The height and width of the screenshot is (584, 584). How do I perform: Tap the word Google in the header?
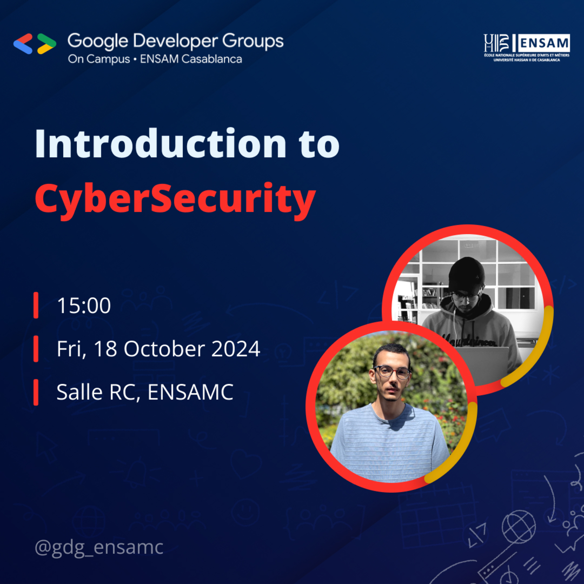pos(98,41)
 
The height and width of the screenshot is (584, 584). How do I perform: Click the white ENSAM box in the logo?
pos(544,43)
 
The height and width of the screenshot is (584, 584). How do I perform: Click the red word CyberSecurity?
pos(175,199)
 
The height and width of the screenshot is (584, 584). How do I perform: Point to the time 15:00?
pos(84,306)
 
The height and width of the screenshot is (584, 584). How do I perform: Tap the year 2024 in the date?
pos(235,349)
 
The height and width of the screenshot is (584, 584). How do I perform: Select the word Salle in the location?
pos(79,392)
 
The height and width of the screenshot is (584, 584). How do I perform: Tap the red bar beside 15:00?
pos(36,305)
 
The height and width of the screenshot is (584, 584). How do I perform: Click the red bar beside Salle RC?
pos(36,392)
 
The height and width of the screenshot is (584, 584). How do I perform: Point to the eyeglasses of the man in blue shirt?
pos(392,371)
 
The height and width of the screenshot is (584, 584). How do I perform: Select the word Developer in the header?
pos(175,41)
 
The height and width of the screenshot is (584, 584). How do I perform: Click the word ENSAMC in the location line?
pos(190,392)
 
